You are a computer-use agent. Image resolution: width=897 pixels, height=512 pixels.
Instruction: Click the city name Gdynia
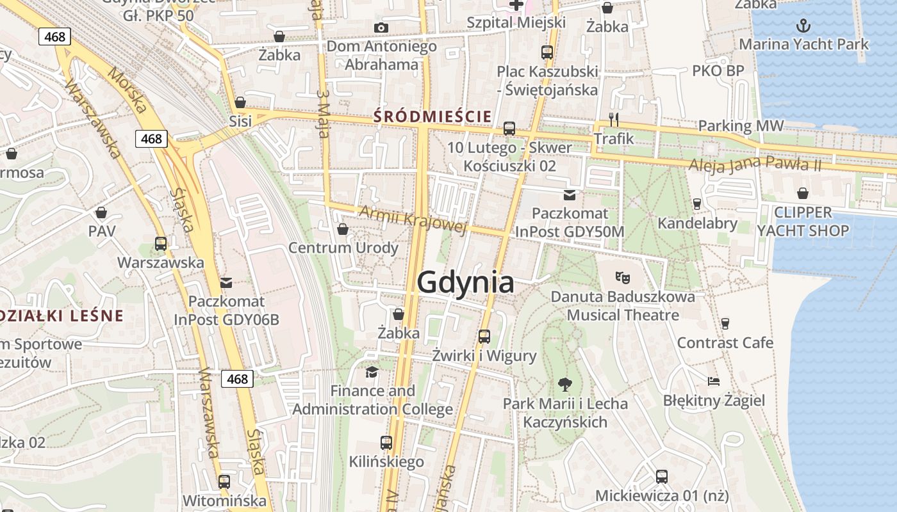click(x=465, y=282)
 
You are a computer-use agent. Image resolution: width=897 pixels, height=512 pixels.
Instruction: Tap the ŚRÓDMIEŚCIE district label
click(x=433, y=116)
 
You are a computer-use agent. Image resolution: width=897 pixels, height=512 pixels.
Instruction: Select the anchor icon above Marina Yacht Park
click(x=803, y=26)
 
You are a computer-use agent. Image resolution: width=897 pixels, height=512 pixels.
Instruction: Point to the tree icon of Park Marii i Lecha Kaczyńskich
click(x=564, y=384)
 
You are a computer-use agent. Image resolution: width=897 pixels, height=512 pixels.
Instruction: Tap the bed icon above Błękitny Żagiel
click(x=714, y=381)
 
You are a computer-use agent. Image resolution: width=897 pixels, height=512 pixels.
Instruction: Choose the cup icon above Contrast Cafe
click(x=725, y=324)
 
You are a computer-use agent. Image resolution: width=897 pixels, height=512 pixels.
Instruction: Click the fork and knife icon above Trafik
click(x=614, y=120)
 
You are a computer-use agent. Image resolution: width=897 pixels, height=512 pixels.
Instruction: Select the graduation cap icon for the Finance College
click(x=372, y=372)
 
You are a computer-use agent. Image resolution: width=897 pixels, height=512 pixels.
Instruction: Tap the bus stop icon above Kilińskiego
click(x=386, y=442)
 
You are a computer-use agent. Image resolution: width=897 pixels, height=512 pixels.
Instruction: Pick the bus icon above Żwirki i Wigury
click(x=484, y=336)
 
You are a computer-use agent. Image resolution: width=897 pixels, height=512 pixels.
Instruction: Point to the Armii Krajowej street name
click(x=413, y=220)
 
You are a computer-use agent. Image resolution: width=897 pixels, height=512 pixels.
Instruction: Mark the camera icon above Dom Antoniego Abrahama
click(x=381, y=28)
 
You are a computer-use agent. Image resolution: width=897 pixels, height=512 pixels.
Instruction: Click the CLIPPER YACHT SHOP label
click(x=803, y=221)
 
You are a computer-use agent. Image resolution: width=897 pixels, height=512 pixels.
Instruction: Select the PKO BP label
click(x=718, y=70)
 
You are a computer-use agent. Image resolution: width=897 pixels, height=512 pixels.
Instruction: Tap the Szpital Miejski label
click(x=516, y=22)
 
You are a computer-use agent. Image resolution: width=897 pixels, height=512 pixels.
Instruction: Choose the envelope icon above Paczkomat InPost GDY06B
click(x=226, y=282)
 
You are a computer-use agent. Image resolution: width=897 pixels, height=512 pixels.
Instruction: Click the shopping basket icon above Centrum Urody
click(x=343, y=229)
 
